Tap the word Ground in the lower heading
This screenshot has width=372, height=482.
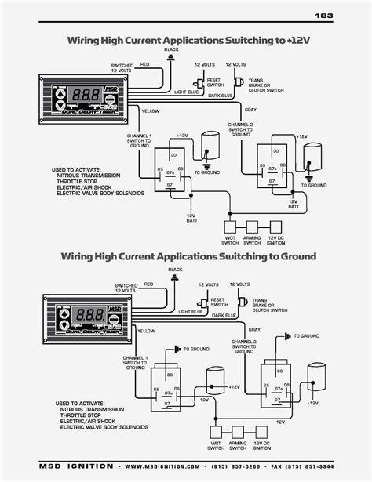(291, 256)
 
